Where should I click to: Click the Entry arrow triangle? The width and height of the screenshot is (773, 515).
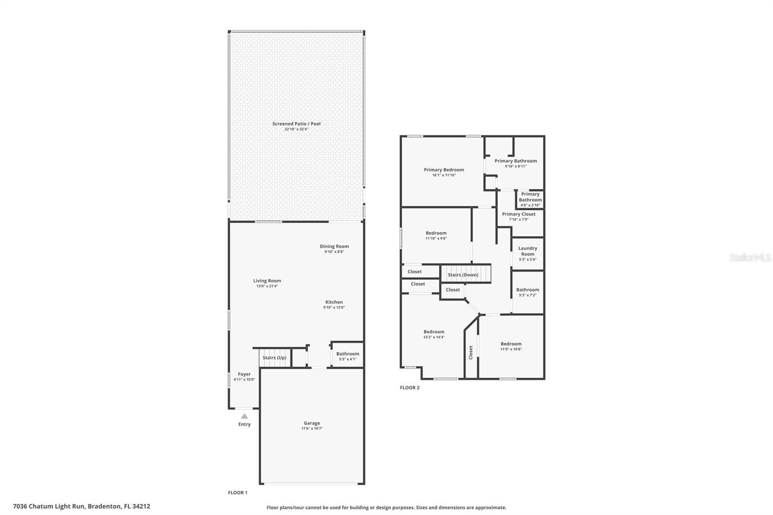pyautogui.click(x=244, y=416)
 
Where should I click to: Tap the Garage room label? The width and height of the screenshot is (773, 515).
pyautogui.click(x=312, y=423)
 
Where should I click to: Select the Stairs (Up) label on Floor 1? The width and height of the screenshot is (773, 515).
pyautogui.click(x=274, y=358)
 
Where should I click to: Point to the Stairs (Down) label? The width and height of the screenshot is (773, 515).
pyautogui.click(x=463, y=275)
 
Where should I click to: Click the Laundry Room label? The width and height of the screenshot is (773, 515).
pyautogui.click(x=528, y=251)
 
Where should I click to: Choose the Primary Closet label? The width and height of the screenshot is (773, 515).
pyautogui.click(x=519, y=214)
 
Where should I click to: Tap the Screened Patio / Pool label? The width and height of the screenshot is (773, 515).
pyautogui.click(x=297, y=124)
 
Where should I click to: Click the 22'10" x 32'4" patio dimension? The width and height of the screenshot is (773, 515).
pyautogui.click(x=297, y=129)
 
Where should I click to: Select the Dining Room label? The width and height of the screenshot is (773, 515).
pyautogui.click(x=334, y=246)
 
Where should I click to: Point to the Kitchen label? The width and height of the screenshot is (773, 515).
pyautogui.click(x=334, y=302)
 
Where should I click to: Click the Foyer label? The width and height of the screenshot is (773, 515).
pyautogui.click(x=244, y=374)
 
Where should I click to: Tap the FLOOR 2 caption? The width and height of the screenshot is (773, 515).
pyautogui.click(x=410, y=387)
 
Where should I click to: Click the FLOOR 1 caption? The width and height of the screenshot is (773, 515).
pyautogui.click(x=238, y=493)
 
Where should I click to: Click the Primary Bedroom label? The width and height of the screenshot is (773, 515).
pyautogui.click(x=444, y=170)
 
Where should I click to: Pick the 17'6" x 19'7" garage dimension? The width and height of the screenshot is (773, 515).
pyautogui.click(x=312, y=429)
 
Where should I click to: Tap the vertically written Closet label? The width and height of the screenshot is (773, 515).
pyautogui.click(x=471, y=352)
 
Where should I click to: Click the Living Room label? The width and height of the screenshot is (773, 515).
pyautogui.click(x=267, y=281)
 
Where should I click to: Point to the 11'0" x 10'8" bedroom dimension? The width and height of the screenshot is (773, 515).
pyautogui.click(x=511, y=349)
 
